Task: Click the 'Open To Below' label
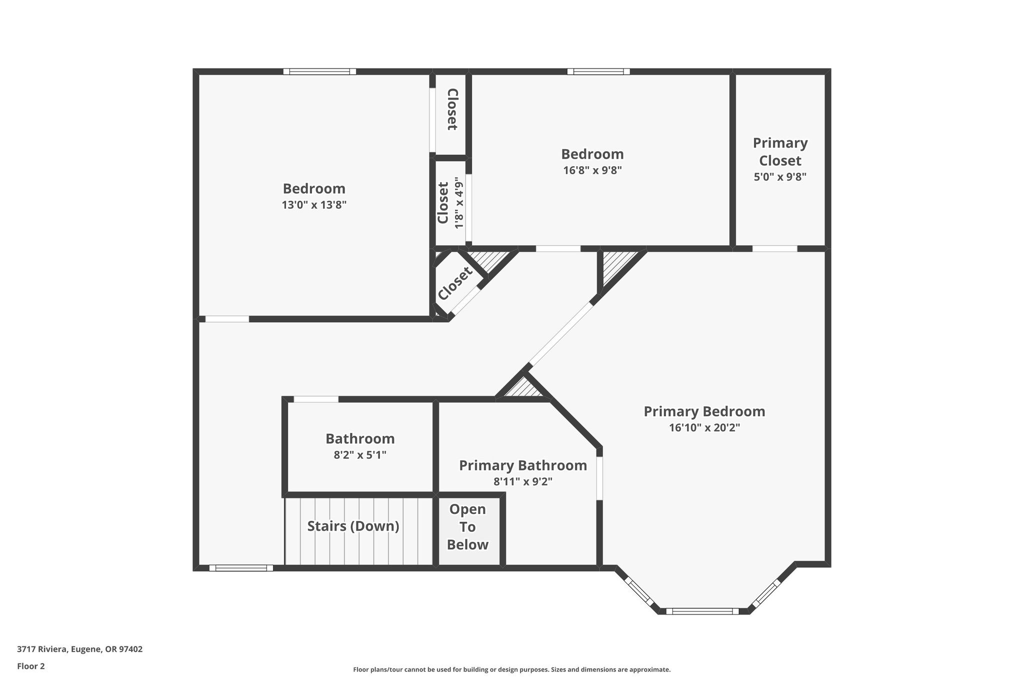467,527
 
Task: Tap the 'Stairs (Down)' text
353,526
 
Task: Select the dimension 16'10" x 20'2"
704,428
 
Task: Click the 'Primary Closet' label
780,152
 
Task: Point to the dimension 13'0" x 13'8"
314,205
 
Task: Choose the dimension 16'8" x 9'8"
592,170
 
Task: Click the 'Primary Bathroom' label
522,465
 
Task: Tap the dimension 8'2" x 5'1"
360,455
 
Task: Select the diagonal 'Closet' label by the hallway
454,283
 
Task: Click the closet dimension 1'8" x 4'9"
459,203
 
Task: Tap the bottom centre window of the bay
702,611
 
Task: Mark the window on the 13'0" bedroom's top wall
319,72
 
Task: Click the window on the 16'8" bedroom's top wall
598,72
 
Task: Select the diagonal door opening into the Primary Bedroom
560,334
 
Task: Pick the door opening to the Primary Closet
774,249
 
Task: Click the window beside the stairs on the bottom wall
241,568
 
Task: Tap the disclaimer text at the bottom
511,669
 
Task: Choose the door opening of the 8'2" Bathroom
315,399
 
